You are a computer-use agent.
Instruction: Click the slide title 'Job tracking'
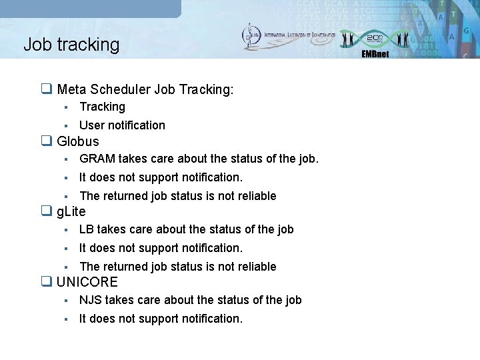pos(71,45)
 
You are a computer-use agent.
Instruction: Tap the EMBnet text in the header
pos(375,54)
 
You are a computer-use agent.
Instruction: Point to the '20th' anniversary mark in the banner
pos(375,38)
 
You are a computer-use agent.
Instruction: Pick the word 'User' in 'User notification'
pos(92,125)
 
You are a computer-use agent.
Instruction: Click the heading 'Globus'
pos(77,141)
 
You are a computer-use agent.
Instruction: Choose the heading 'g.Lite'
pos(71,212)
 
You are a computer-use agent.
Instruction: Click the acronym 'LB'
pos(87,229)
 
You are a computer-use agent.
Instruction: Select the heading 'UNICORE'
pos(87,282)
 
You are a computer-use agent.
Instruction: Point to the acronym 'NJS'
pos(90,300)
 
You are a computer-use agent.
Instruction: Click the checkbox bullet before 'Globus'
pos(47,141)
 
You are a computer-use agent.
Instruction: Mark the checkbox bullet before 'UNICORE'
pos(47,282)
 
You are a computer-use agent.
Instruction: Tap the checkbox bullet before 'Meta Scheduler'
pos(47,89)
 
